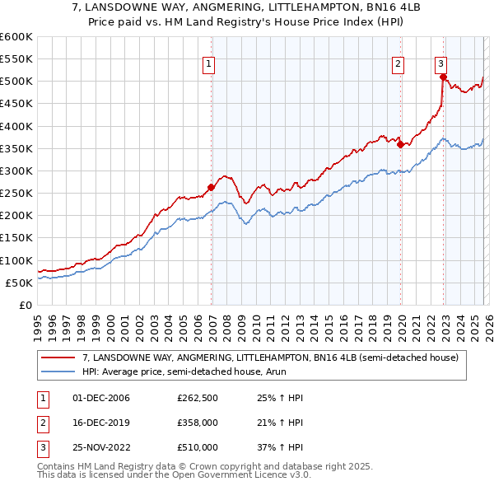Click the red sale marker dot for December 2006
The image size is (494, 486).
[211, 187]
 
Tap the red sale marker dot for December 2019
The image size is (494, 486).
[401, 144]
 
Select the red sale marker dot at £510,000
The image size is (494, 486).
[443, 77]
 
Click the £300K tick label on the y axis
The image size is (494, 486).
[16, 171]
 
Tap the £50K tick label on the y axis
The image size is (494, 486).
[19, 283]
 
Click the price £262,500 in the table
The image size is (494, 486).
[198, 398]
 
